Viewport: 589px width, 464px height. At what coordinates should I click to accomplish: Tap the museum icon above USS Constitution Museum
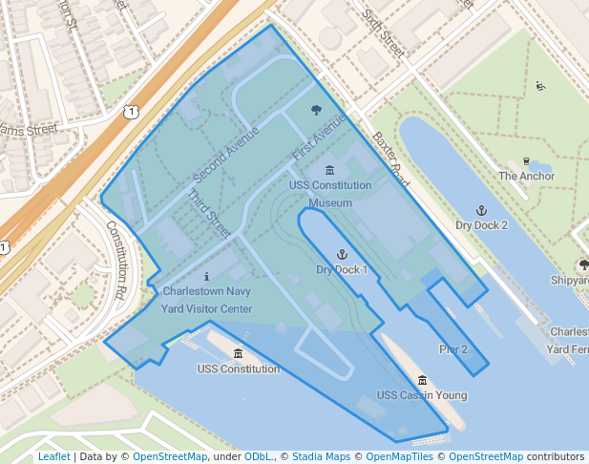click(329, 169)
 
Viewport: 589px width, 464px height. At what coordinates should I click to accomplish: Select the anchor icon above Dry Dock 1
click(341, 254)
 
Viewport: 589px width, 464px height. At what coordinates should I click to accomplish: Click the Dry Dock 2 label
click(481, 225)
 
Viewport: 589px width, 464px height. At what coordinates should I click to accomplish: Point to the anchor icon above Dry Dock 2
click(481, 209)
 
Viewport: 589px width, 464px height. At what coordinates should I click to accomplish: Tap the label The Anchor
click(526, 176)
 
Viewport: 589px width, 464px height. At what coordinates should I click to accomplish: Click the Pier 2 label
click(452, 349)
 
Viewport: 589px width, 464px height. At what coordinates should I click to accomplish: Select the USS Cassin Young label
click(422, 395)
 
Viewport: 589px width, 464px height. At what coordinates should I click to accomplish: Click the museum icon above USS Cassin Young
click(422, 380)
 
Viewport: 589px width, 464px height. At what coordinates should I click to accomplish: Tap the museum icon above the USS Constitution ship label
click(238, 354)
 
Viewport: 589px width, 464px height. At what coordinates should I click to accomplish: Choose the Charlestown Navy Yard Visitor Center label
click(207, 300)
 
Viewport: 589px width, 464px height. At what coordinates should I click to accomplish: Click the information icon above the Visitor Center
click(206, 276)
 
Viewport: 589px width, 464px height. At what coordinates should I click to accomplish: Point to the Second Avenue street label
click(226, 155)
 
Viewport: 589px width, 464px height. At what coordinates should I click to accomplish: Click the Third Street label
click(210, 217)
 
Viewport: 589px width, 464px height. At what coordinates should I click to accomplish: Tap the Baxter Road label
click(391, 159)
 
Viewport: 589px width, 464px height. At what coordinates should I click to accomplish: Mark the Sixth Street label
click(383, 29)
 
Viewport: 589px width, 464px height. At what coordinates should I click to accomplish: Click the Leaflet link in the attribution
click(53, 456)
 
